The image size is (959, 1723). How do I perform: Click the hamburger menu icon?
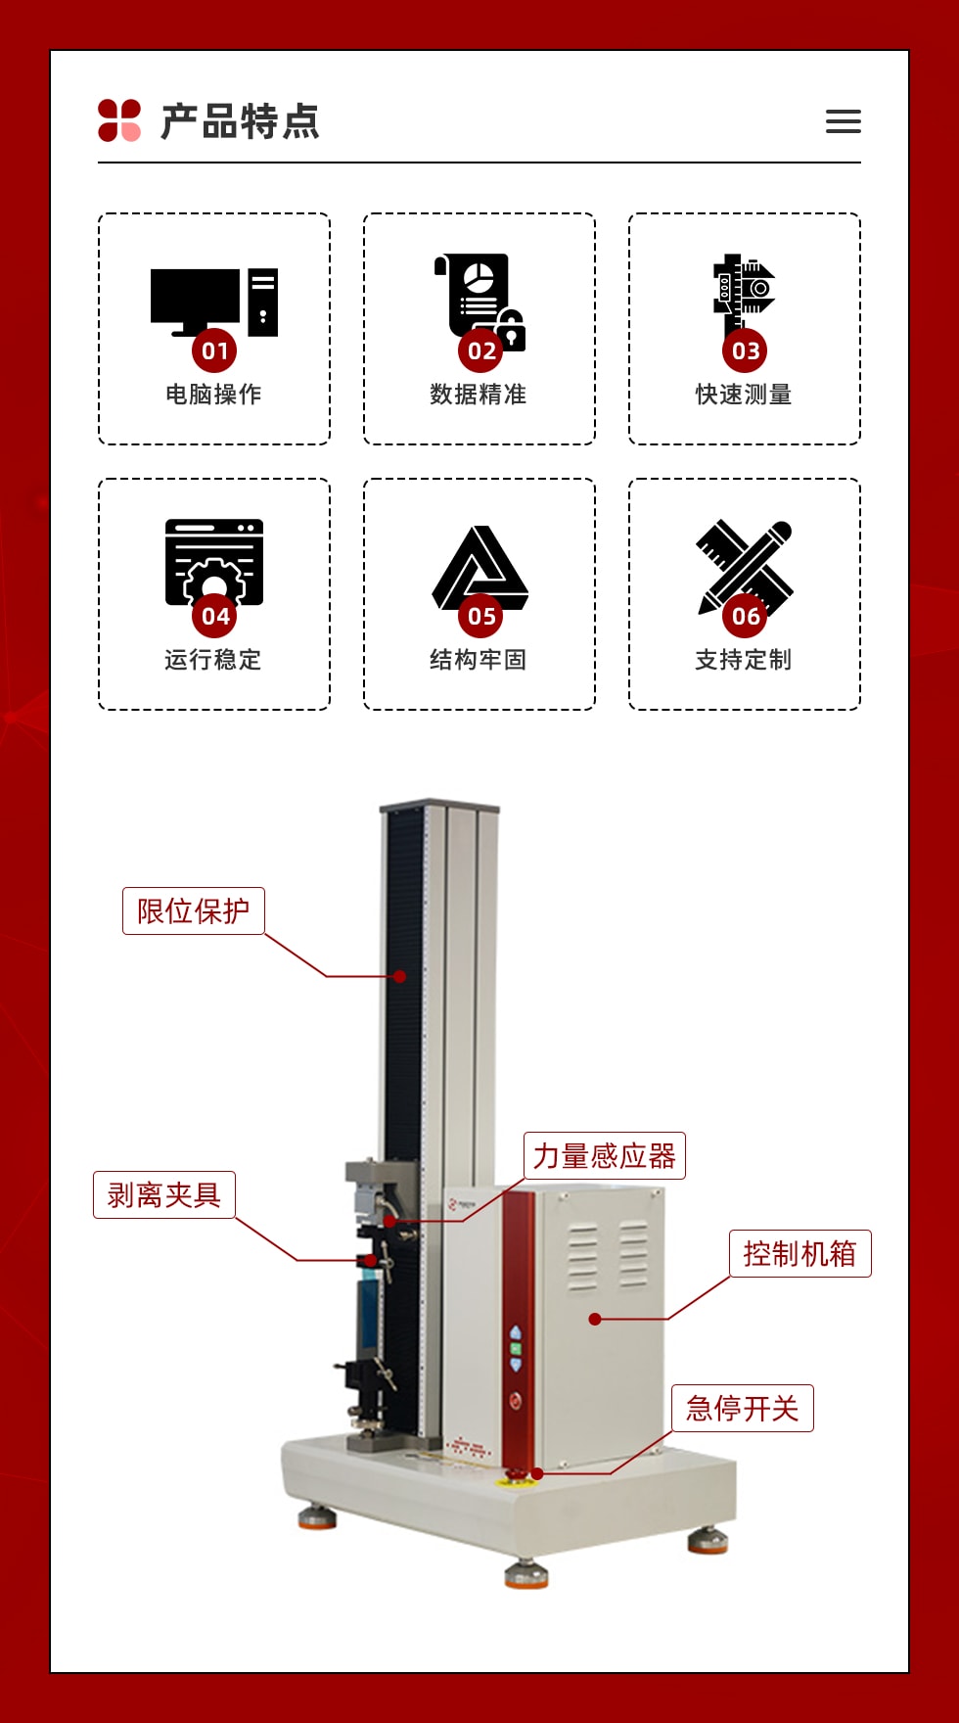coord(843,121)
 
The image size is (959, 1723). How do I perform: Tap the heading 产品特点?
coord(241,121)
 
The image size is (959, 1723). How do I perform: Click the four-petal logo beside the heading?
coord(119,120)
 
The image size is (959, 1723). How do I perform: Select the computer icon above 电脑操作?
coord(214,302)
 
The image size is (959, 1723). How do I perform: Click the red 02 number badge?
coord(480,350)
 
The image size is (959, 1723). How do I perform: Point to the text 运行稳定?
coord(213,660)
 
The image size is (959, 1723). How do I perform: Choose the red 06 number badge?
coord(745,616)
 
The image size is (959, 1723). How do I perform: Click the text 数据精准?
coord(479,395)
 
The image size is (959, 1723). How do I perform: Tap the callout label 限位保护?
coord(194,910)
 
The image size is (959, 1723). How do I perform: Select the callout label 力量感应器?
coord(605,1155)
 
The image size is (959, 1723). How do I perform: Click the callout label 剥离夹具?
coord(164,1194)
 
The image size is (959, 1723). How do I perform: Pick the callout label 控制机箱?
coord(800,1253)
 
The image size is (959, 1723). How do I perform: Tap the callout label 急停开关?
coord(743,1408)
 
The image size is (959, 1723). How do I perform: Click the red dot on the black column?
coord(399,976)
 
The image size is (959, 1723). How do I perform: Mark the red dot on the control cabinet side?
coord(594,1319)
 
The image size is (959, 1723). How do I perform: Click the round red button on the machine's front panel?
coord(516,1401)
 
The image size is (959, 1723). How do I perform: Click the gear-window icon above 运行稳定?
coord(214,561)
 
